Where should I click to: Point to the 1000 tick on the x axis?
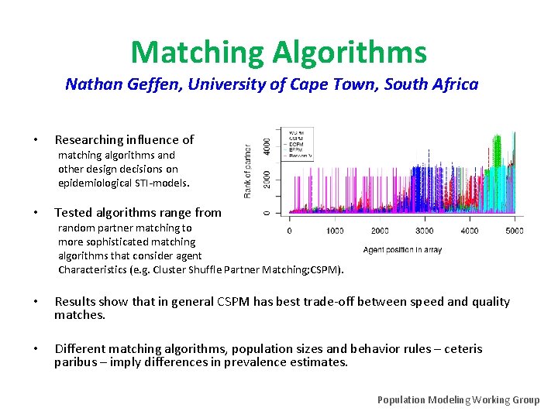tap(335, 230)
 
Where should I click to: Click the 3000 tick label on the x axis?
tap(424, 230)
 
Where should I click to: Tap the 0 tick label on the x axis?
tap(290, 230)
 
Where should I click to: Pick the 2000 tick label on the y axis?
tap(267, 179)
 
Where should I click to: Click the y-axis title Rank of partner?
tap(248, 171)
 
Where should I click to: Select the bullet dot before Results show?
tap(36, 302)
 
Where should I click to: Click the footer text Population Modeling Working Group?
tap(458, 399)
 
